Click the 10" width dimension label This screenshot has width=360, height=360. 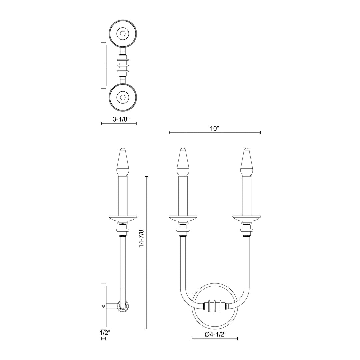[214, 128]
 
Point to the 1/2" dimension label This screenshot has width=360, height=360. [103, 332]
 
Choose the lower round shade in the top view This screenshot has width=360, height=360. [123, 97]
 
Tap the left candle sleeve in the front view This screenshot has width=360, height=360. [183, 195]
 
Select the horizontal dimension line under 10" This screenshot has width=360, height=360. [214, 133]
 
